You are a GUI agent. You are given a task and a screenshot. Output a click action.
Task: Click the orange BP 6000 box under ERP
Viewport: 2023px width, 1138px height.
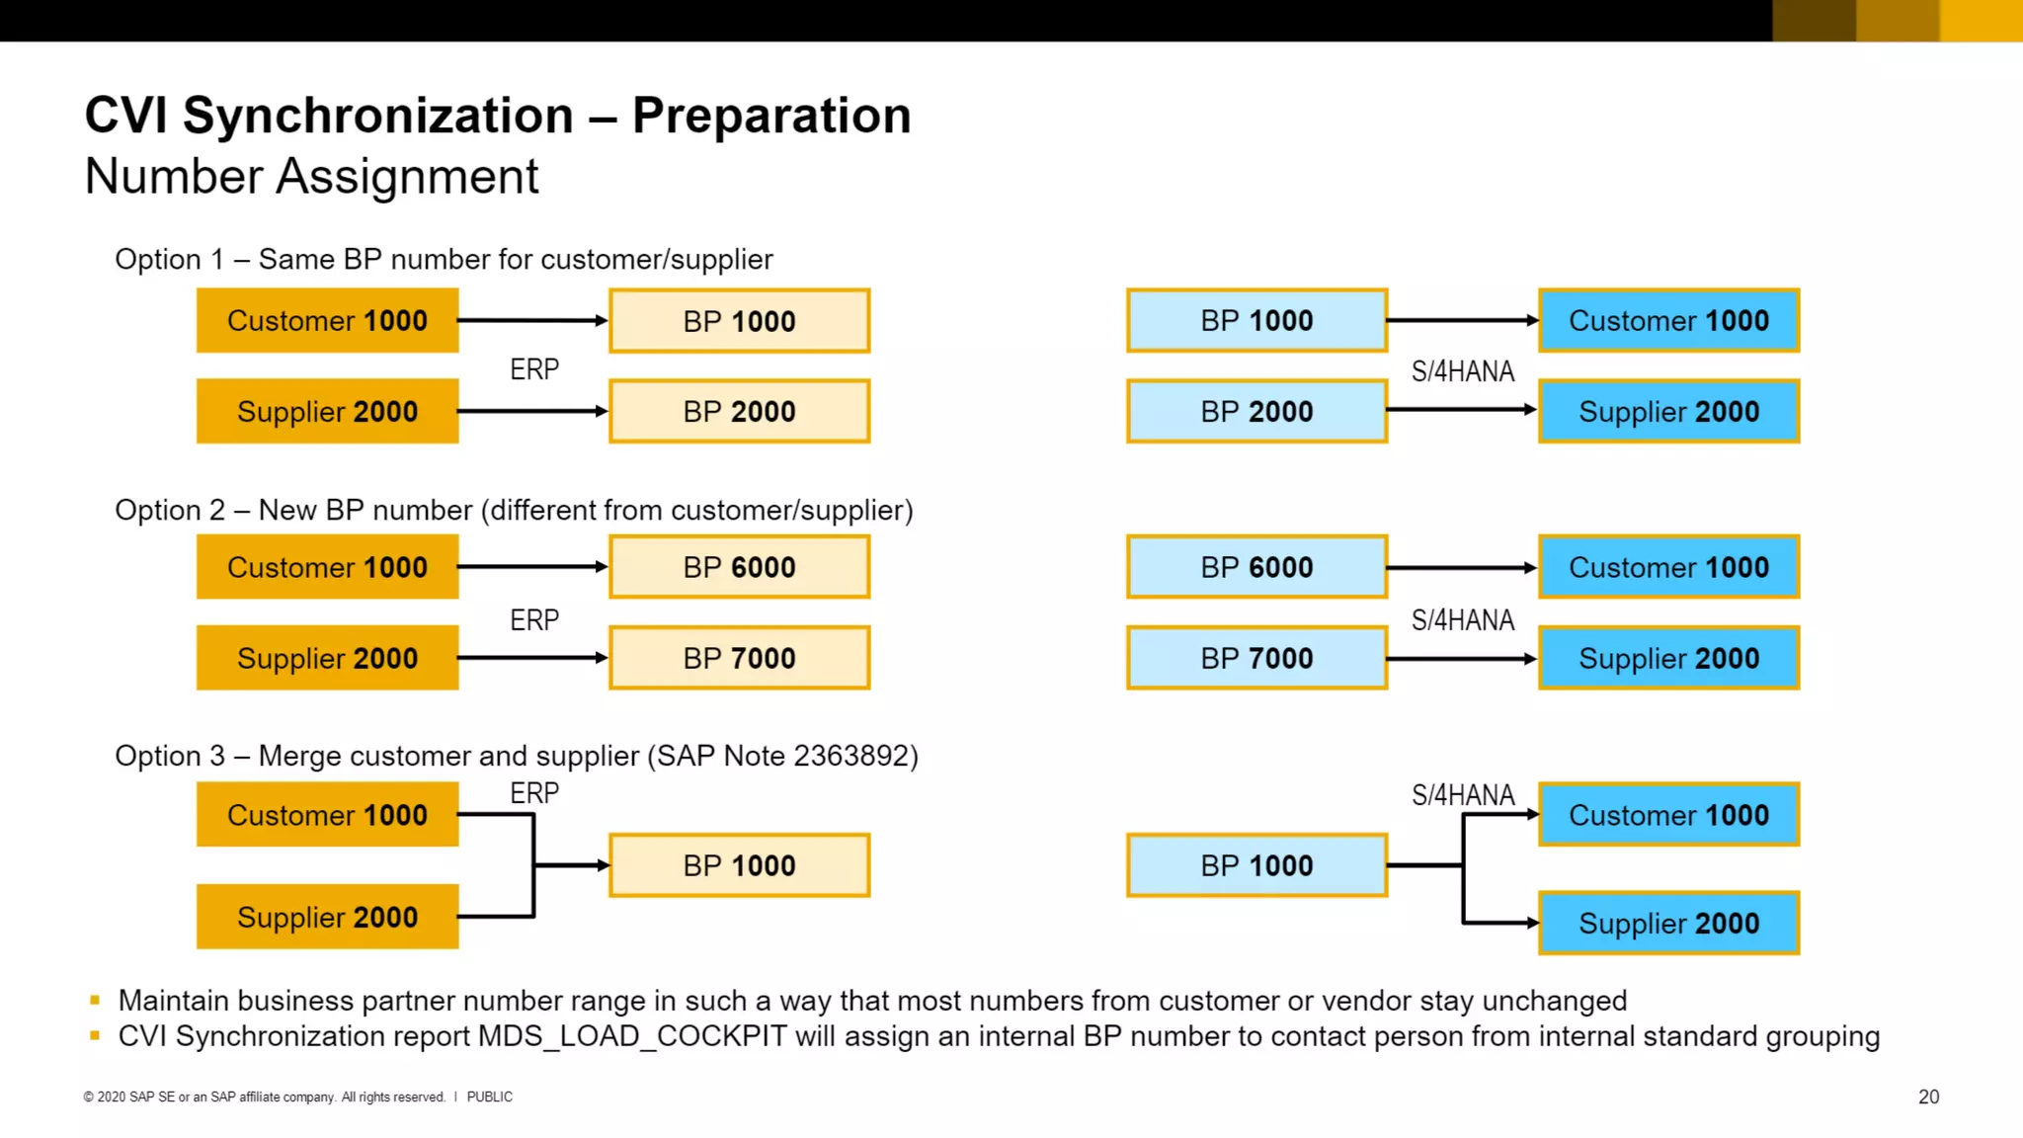pyautogui.click(x=739, y=567)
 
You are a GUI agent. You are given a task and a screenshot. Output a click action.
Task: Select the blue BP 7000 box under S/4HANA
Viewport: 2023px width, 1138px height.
pyautogui.click(x=1256, y=658)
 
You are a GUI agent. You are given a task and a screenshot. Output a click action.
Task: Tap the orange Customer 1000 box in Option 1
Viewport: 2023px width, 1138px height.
pyautogui.click(x=327, y=320)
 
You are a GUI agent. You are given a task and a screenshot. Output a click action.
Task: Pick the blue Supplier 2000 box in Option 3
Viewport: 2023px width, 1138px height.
pyautogui.click(x=1668, y=923)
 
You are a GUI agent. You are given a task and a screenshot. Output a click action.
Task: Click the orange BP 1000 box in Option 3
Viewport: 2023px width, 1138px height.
pyautogui.click(x=739, y=865)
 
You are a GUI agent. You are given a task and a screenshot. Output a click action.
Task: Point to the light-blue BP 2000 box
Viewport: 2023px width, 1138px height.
pyautogui.click(x=1256, y=411)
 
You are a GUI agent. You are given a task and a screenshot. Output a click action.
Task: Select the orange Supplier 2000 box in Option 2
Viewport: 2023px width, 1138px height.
pyautogui.click(x=327, y=658)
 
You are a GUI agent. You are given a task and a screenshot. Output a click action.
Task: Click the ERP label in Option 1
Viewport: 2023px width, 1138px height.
pyautogui.click(x=534, y=369)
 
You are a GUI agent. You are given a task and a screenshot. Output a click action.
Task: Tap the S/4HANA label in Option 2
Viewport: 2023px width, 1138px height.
pyautogui.click(x=1462, y=620)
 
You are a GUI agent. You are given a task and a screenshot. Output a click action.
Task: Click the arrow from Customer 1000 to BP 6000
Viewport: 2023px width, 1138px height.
pyautogui.click(x=531, y=567)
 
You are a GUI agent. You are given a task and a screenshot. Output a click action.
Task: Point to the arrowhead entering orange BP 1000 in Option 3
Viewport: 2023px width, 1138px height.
pyautogui.click(x=603, y=865)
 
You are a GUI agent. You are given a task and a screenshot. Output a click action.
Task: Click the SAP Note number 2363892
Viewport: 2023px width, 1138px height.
pyautogui.click(x=850, y=756)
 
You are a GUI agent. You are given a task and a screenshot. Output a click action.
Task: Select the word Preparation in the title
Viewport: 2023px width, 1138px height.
pyautogui.click(x=770, y=116)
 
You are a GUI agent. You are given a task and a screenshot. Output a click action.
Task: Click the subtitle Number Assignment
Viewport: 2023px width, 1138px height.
pyautogui.click(x=311, y=177)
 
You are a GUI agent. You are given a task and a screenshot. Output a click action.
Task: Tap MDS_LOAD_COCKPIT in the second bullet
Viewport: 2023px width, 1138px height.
pyautogui.click(x=632, y=1036)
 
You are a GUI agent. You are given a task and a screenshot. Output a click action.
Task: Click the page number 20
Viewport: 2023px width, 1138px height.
pyautogui.click(x=1928, y=1097)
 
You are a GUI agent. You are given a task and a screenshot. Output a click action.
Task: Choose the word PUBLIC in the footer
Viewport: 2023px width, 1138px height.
pyautogui.click(x=489, y=1097)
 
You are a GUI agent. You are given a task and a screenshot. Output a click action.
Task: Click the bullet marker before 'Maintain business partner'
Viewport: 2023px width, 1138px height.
pyautogui.click(x=95, y=1001)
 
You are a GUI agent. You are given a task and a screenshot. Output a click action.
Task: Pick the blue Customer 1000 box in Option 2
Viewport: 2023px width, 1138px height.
pyautogui.click(x=1668, y=567)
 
